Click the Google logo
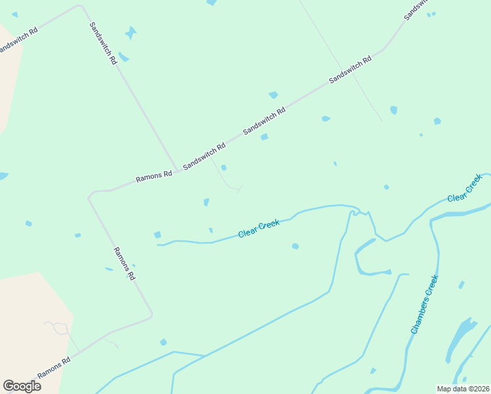click(x=22, y=386)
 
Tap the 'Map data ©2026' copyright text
click(x=463, y=388)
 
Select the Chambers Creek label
click(x=424, y=305)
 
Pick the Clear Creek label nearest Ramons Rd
click(x=259, y=229)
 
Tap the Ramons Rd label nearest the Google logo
click(x=54, y=367)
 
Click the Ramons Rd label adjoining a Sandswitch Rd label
click(x=154, y=175)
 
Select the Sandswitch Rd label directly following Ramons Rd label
click(x=204, y=156)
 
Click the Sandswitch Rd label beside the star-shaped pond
click(x=104, y=43)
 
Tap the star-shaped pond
click(x=131, y=32)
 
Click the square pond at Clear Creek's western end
click(x=158, y=234)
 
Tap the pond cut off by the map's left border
click(x=3, y=176)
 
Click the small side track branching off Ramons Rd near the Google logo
click(x=110, y=342)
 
